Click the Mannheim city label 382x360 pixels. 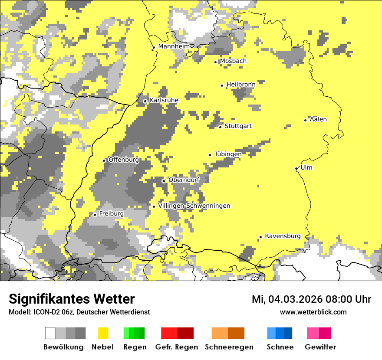coord(174,46)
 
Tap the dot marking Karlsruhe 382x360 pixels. coord(145,101)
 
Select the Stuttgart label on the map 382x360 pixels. coord(238,126)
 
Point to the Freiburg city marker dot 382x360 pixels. coord(95,215)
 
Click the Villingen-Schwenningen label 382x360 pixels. coord(194,206)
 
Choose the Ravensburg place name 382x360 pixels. coord(283,236)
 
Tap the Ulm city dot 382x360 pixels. coord(296,168)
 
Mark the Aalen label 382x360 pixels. coord(318,119)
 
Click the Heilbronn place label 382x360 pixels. coord(241,85)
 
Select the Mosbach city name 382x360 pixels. coord(233,61)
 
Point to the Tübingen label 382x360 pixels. coord(228,154)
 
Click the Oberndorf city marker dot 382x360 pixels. coord(164,181)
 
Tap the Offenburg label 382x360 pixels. coord(124,160)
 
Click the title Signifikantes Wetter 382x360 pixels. coord(72,299)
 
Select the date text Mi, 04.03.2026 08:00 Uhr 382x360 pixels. coord(311,299)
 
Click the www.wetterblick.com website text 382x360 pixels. coord(313,312)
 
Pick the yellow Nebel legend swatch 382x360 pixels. coord(103,333)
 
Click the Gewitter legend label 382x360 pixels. coord(320,347)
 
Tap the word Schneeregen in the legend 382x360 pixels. coord(229,347)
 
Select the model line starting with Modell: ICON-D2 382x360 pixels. coord(79,312)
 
